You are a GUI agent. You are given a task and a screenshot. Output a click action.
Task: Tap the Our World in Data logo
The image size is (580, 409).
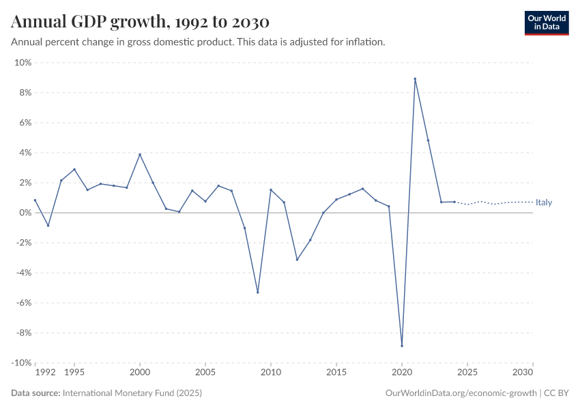click(x=546, y=22)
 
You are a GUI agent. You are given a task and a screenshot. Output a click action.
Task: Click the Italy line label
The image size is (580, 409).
click(x=544, y=202)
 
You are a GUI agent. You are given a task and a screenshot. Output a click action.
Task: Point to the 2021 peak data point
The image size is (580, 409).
click(x=415, y=78)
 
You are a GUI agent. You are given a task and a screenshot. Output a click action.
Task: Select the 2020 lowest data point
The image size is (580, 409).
click(x=402, y=346)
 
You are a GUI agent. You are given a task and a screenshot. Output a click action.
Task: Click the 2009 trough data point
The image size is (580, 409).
click(x=257, y=292)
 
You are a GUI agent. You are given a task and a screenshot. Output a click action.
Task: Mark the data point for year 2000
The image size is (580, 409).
click(x=140, y=154)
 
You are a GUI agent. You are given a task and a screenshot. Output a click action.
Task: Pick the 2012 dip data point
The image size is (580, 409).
click(x=297, y=260)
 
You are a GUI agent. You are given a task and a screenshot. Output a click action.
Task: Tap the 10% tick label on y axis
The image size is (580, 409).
click(x=23, y=63)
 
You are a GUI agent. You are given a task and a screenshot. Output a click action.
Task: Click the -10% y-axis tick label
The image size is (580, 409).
click(x=21, y=363)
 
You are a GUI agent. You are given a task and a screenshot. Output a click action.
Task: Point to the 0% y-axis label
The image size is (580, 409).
click(x=25, y=213)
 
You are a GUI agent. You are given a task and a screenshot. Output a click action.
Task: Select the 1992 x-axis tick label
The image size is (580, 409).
click(x=45, y=373)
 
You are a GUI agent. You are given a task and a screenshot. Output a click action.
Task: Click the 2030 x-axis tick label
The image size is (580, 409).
click(x=523, y=373)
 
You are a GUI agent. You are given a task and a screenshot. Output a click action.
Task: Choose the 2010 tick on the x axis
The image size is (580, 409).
click(x=271, y=373)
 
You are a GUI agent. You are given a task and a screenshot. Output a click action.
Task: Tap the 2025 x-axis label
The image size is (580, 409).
click(x=467, y=373)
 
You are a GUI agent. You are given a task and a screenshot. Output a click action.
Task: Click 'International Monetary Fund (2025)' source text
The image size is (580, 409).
click(x=132, y=393)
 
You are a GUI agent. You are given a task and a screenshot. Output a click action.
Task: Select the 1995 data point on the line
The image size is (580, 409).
click(x=74, y=170)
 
